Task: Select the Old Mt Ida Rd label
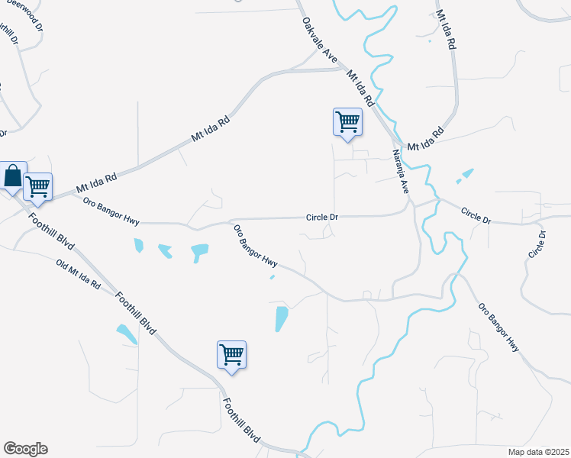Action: (x=79, y=276)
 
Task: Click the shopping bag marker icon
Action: (x=13, y=177)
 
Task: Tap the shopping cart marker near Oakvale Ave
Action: (x=347, y=122)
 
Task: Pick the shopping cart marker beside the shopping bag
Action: (x=37, y=185)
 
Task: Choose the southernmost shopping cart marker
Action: (x=231, y=354)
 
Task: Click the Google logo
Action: (x=25, y=449)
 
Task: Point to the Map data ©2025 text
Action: (x=537, y=451)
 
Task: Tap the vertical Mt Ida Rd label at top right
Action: (x=445, y=31)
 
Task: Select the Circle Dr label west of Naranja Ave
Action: (x=322, y=218)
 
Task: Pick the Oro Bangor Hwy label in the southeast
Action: (x=498, y=327)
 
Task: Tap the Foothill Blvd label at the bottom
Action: (x=242, y=421)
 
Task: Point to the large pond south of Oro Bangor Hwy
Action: (x=282, y=318)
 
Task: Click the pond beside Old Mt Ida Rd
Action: (x=125, y=334)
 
